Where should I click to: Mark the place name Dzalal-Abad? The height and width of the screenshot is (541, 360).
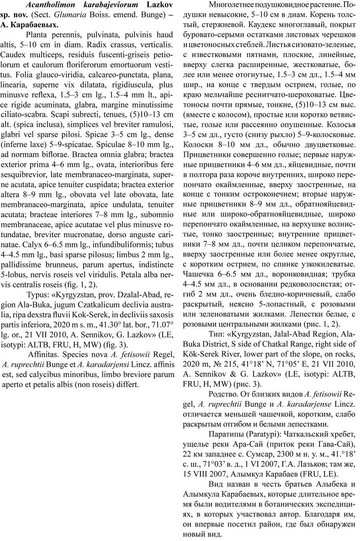coord(132,295)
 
